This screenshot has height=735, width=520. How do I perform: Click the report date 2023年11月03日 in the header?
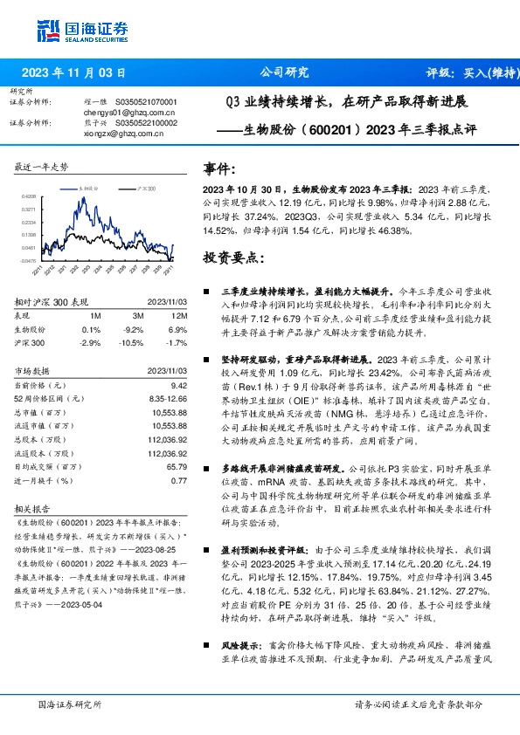(80, 72)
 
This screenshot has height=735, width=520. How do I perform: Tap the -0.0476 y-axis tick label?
(28, 260)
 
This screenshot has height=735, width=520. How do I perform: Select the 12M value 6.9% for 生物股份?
(179, 330)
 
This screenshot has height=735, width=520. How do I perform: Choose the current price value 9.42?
(179, 384)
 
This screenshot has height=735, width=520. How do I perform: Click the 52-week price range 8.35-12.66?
(167, 397)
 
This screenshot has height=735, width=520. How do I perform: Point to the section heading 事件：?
(219, 168)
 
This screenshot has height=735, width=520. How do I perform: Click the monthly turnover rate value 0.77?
(180, 481)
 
